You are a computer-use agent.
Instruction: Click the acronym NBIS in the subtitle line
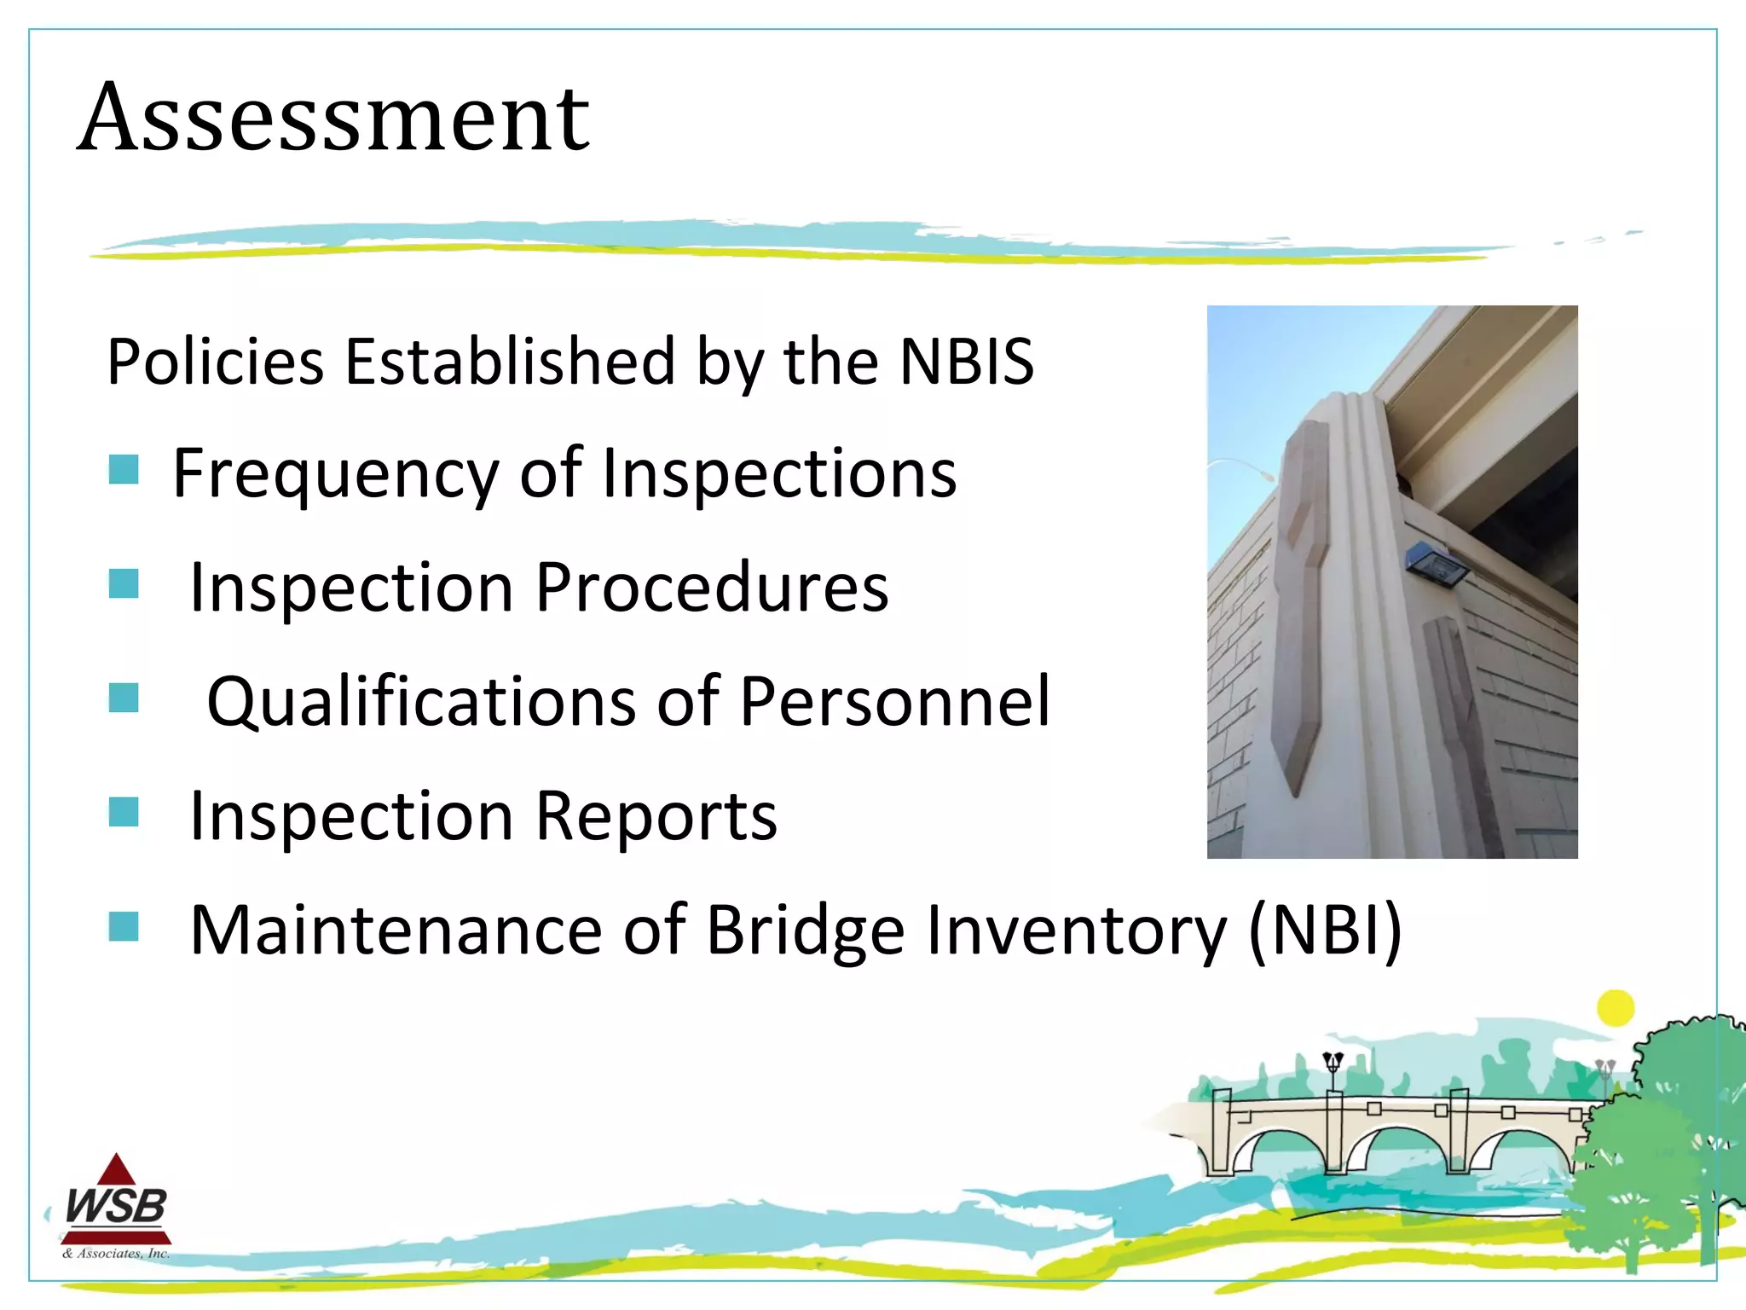pyautogui.click(x=966, y=362)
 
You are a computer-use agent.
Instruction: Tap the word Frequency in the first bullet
pyautogui.click(x=335, y=474)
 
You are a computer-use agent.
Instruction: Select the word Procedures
pyautogui.click(x=712, y=588)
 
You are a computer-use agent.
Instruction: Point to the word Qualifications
pyautogui.click(x=421, y=702)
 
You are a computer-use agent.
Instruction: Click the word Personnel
pyautogui.click(x=895, y=702)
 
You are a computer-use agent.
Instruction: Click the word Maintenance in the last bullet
pyautogui.click(x=396, y=930)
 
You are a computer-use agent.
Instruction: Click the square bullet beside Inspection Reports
pyautogui.click(x=124, y=813)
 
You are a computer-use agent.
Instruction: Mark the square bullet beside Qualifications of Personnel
pyautogui.click(x=124, y=698)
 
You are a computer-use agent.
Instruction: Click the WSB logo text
pyautogui.click(x=116, y=1206)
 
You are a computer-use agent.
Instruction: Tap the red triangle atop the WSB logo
pyautogui.click(x=117, y=1170)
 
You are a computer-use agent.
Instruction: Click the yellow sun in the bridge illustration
pyautogui.click(x=1615, y=1008)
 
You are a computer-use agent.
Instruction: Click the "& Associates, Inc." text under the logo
pyautogui.click(x=116, y=1254)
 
